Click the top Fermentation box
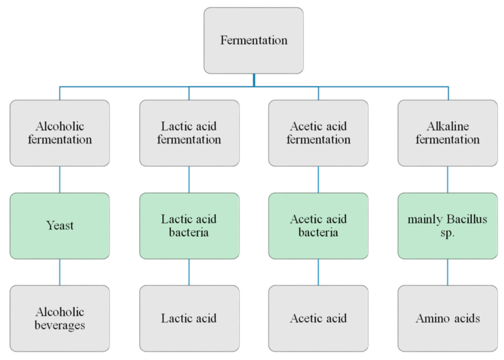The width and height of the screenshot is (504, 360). pos(253,40)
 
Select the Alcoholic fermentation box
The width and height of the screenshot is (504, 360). pos(60,132)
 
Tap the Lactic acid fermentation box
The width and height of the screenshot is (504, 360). pos(189,132)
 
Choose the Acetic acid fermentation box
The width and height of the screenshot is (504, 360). pos(318,132)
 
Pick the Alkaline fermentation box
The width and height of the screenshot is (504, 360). pos(448,132)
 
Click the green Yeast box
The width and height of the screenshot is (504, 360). pos(60,226)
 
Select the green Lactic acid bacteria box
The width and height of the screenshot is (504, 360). pos(189,226)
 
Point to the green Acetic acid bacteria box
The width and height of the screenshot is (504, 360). pos(318,226)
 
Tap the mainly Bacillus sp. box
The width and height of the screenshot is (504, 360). pos(448,226)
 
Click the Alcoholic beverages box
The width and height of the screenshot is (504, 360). pos(60,318)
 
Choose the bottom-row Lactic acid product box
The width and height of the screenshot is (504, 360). pos(189,318)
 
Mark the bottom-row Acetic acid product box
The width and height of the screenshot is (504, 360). pos(318,318)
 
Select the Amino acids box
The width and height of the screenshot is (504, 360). pos(448,318)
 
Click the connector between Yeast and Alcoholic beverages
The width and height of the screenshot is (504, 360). pos(60,271)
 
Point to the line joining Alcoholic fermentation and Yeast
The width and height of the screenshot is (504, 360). pos(60,179)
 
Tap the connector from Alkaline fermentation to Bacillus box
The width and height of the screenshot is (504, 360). pos(448,179)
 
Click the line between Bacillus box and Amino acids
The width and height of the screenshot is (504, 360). pos(448,271)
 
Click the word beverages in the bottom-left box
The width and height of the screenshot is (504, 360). pos(60,325)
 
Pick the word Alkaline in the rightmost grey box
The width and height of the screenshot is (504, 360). pos(448,126)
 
